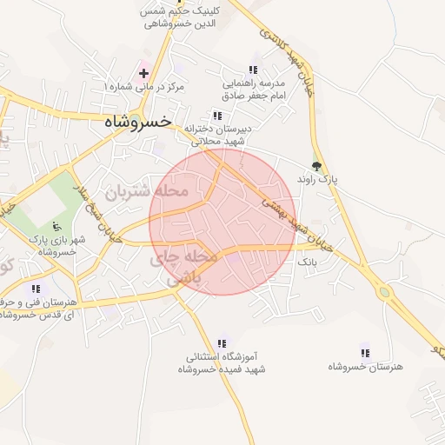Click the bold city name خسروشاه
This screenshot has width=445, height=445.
pos(137,122)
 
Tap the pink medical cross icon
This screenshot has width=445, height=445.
pos(143,73)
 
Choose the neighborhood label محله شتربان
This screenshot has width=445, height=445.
pos(146,190)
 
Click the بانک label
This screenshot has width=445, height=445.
pos(309,261)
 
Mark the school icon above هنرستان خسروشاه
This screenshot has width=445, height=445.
pos(365,353)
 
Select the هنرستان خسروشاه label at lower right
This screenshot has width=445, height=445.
pos(365,367)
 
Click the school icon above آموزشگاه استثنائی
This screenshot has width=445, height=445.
pos(222,344)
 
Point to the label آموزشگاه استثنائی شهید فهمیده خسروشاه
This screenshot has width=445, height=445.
pos(224,363)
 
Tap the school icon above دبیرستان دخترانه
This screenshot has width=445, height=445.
pos(216,116)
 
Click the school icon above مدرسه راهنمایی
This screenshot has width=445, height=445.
pos(253,70)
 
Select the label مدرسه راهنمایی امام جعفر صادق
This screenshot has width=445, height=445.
pos(253,90)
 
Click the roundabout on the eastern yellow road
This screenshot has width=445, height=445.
pos(384,292)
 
